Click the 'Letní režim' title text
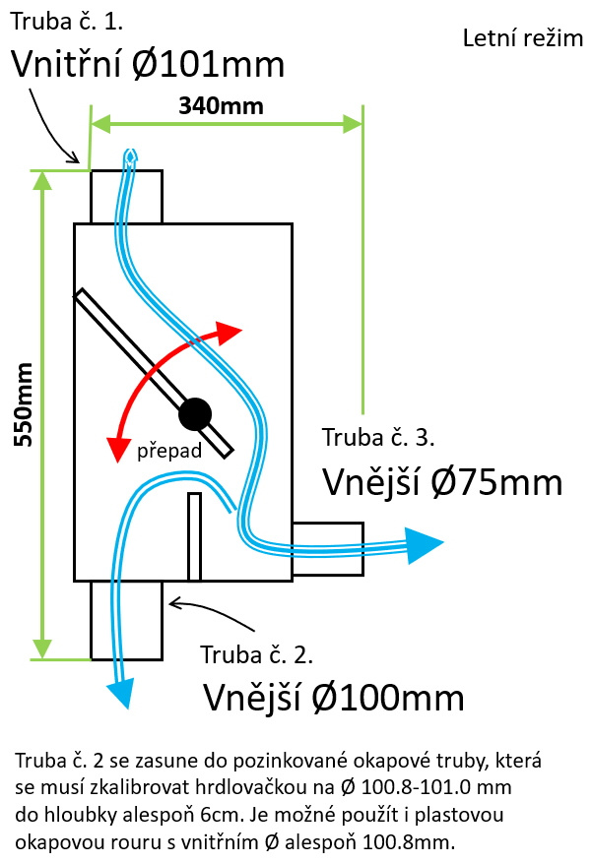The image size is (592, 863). (x=522, y=39)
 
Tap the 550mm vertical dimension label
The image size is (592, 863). (x=23, y=404)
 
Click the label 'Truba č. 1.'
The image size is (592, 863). (x=67, y=20)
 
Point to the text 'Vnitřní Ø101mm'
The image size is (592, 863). (x=148, y=66)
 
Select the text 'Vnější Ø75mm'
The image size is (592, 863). (x=442, y=482)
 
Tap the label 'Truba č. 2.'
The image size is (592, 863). (x=256, y=654)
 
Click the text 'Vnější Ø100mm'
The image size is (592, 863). (x=333, y=698)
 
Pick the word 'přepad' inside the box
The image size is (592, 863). (x=168, y=452)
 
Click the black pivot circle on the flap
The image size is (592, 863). (x=195, y=412)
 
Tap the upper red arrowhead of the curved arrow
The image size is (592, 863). (x=230, y=332)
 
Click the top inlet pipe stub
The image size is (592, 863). (x=125, y=197)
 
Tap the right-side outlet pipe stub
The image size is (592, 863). (x=327, y=549)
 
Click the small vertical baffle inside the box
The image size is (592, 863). (x=194, y=536)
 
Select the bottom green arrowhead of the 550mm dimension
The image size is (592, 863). (x=42, y=647)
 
